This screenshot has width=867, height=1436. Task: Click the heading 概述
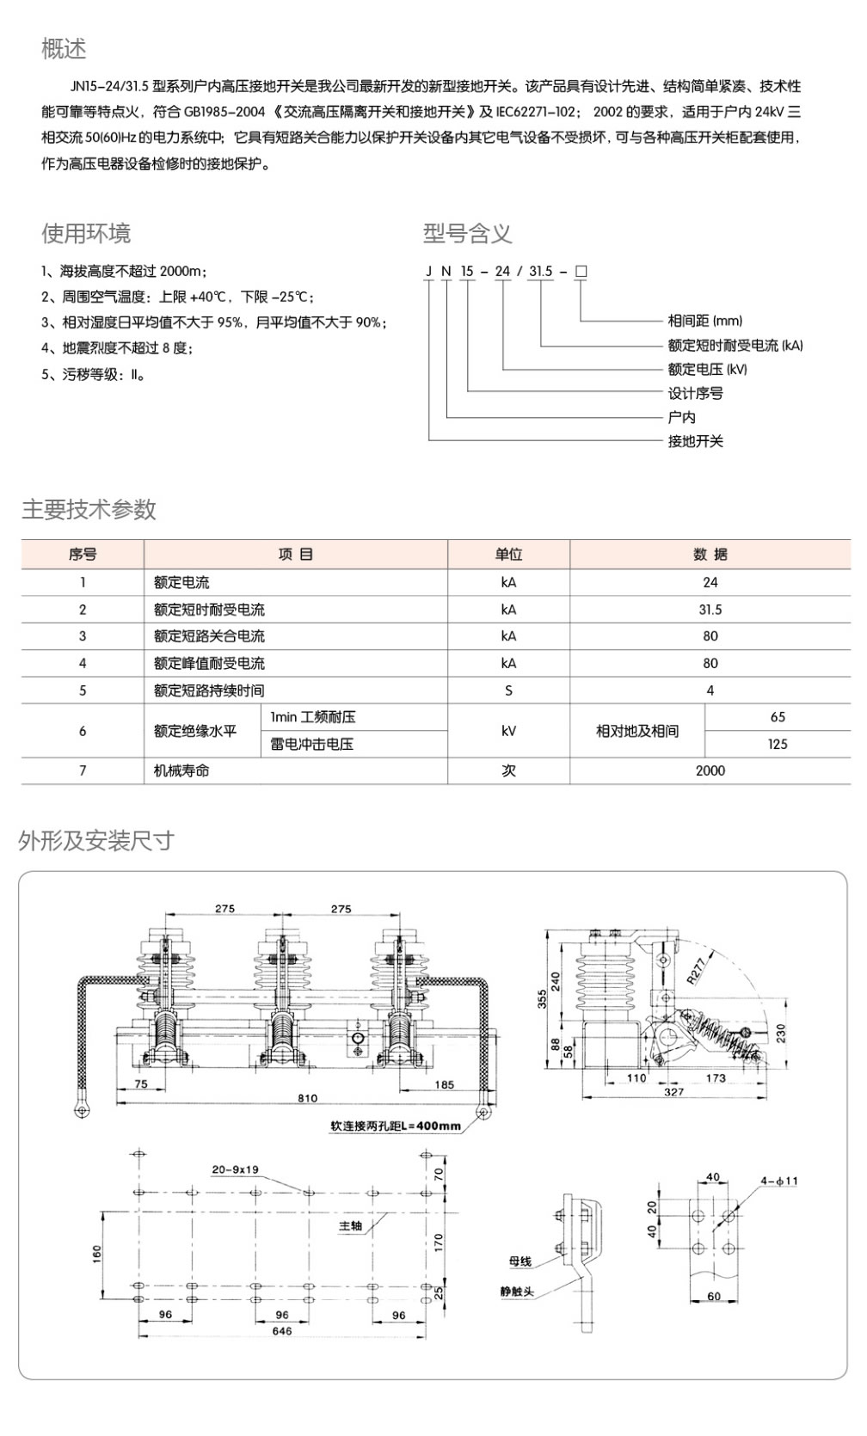coord(64,49)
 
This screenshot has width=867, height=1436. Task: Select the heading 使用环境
coord(86,233)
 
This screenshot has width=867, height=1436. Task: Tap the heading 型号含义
coord(467,233)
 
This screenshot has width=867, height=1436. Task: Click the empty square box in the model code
coord(581,272)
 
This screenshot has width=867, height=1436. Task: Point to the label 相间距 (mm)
coord(704,321)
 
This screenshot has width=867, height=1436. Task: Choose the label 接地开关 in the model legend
coord(695,441)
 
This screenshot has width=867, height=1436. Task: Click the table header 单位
coord(508,555)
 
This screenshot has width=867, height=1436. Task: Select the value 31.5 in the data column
coord(710,610)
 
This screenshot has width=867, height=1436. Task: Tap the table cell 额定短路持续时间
coord(209,690)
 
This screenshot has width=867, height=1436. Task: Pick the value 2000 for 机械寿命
coord(710,771)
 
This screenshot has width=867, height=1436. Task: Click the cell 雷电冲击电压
coord(311,745)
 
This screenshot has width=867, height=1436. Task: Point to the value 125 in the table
coord(778,745)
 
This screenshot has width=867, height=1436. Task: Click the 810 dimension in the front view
coord(307,1098)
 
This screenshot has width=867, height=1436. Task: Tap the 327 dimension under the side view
coord(673,1092)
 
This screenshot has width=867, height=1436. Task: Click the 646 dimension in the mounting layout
coord(281,1331)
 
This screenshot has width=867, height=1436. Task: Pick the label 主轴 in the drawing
coord(350,1226)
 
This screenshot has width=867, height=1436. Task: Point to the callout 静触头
coord(517,1292)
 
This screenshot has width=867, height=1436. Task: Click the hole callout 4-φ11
coord(778,1181)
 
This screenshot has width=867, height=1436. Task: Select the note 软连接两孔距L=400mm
coord(396,1126)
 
